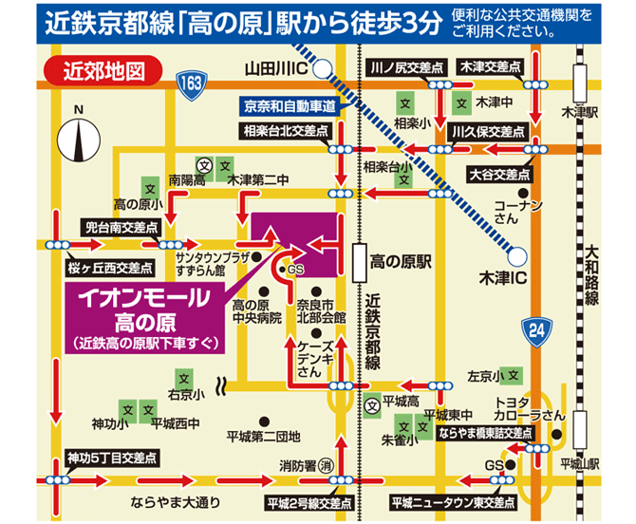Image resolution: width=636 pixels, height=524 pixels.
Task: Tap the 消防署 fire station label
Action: point(298,465)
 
